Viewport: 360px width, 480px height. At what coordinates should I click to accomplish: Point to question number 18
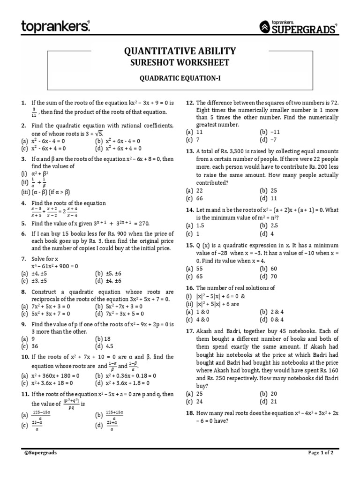pyautogui.click(x=190, y=413)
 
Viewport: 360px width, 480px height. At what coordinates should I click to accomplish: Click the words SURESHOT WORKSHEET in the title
pyautogui.click(x=180, y=63)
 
